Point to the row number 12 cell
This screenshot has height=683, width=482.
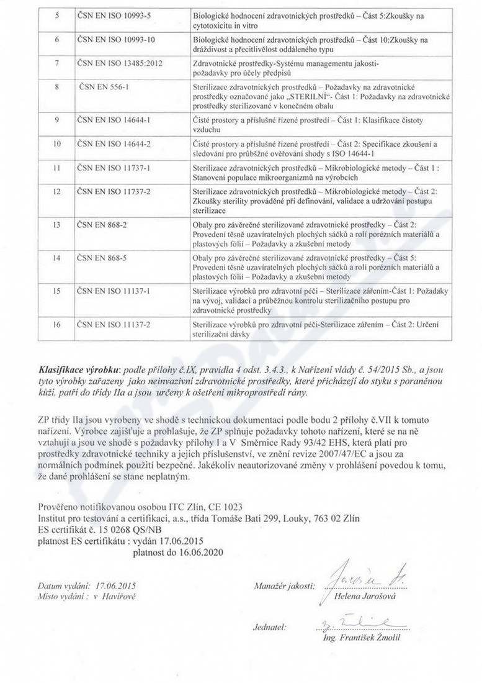tap(56, 192)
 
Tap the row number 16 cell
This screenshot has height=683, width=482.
tap(56, 323)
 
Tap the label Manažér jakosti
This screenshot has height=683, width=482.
tap(284, 586)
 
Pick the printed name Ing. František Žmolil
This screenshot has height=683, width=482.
tap(362, 638)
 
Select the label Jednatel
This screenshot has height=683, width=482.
tap(269, 626)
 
